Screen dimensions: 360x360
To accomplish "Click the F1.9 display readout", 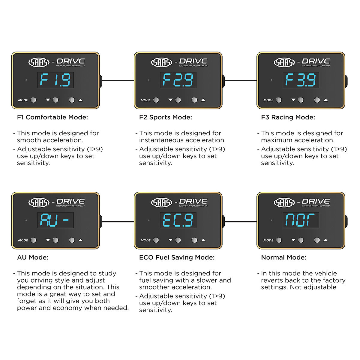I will [55, 80].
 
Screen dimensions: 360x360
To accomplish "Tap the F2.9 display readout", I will [178, 80].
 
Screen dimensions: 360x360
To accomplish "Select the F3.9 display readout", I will [301, 80].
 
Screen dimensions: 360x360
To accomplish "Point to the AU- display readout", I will [55, 220].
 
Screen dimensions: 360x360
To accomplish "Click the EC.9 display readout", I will [178, 220].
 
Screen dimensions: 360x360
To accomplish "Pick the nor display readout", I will [301, 220].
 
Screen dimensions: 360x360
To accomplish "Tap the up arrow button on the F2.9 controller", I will [194, 100].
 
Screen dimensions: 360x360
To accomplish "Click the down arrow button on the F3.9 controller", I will [301, 100].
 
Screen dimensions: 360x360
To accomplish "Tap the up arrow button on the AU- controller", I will [72, 240].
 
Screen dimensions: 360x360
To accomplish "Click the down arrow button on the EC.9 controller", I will [178, 240].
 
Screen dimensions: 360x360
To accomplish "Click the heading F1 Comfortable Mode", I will [52, 117].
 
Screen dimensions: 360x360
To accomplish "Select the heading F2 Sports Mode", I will [166, 117].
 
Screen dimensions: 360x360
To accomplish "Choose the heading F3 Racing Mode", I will [288, 117].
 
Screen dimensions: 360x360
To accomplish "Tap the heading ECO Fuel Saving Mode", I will [177, 257].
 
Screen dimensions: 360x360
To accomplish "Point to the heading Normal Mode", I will [283, 257].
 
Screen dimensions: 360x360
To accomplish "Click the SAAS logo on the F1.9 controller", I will [39, 62].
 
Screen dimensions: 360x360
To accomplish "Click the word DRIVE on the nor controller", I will [316, 201].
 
